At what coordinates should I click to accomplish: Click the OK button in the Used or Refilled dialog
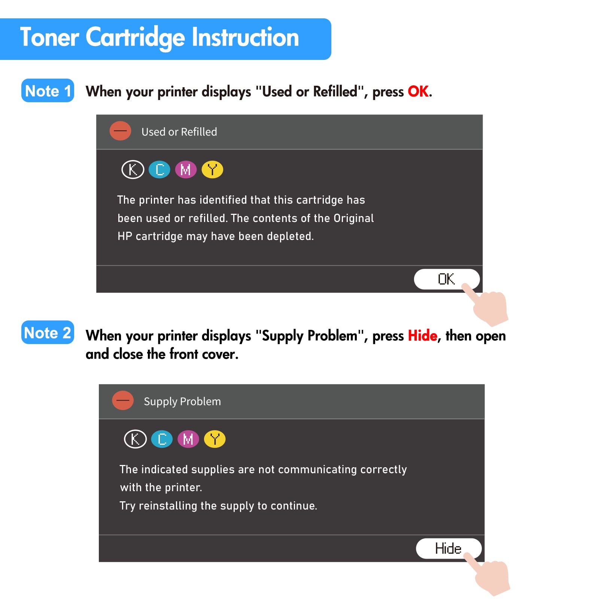(446, 279)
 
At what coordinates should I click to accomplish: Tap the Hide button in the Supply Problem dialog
(449, 548)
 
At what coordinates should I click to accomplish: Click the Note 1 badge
(48, 91)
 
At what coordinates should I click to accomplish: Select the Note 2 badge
(48, 332)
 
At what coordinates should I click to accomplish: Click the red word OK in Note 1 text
(418, 91)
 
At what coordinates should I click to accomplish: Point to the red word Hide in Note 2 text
(423, 335)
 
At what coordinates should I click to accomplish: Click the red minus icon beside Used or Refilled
(120, 131)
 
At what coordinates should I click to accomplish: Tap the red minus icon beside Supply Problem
(123, 400)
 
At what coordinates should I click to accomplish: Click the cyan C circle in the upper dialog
(159, 170)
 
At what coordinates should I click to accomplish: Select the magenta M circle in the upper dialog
(186, 170)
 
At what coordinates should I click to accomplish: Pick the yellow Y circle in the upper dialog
(212, 170)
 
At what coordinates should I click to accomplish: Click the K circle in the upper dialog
(133, 170)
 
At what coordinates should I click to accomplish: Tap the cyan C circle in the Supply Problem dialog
(162, 439)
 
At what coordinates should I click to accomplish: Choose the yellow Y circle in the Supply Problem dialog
(215, 439)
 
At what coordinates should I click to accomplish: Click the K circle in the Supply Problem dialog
(135, 439)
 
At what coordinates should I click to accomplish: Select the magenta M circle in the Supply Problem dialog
(188, 439)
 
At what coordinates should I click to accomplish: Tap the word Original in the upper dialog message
(353, 218)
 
